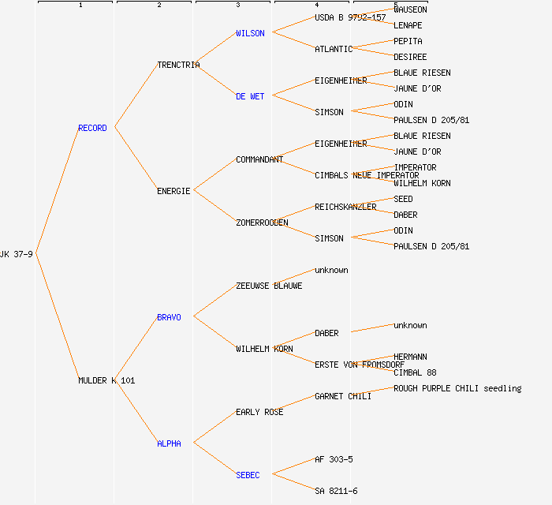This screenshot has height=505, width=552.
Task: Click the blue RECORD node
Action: point(92,128)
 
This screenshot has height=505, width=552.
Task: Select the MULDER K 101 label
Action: point(106,380)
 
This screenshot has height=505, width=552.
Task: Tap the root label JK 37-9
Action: point(17,254)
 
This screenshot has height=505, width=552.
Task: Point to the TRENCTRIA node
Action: point(178,65)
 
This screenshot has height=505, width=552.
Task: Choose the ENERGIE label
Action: point(173,191)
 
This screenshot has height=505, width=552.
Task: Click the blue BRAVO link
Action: point(169,317)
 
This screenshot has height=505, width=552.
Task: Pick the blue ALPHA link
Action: point(169,443)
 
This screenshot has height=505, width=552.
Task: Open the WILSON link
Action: point(250,33)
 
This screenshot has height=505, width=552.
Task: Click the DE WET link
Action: point(250,96)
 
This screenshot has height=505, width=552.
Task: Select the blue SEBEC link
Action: point(248,475)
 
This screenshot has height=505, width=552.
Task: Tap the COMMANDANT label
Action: point(259,159)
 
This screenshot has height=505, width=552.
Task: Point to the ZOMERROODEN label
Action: point(262,223)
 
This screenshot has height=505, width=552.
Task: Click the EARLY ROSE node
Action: point(259,412)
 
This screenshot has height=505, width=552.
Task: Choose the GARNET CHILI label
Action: point(343,396)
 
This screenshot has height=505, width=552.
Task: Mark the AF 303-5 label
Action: point(334,459)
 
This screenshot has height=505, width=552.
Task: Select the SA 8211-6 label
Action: point(336,491)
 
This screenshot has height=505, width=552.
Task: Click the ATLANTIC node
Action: point(334,49)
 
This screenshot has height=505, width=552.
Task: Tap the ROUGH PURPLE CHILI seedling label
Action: point(457,388)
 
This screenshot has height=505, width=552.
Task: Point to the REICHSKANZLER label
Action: point(345,207)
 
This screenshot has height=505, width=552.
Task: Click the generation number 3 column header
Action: point(237,6)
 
